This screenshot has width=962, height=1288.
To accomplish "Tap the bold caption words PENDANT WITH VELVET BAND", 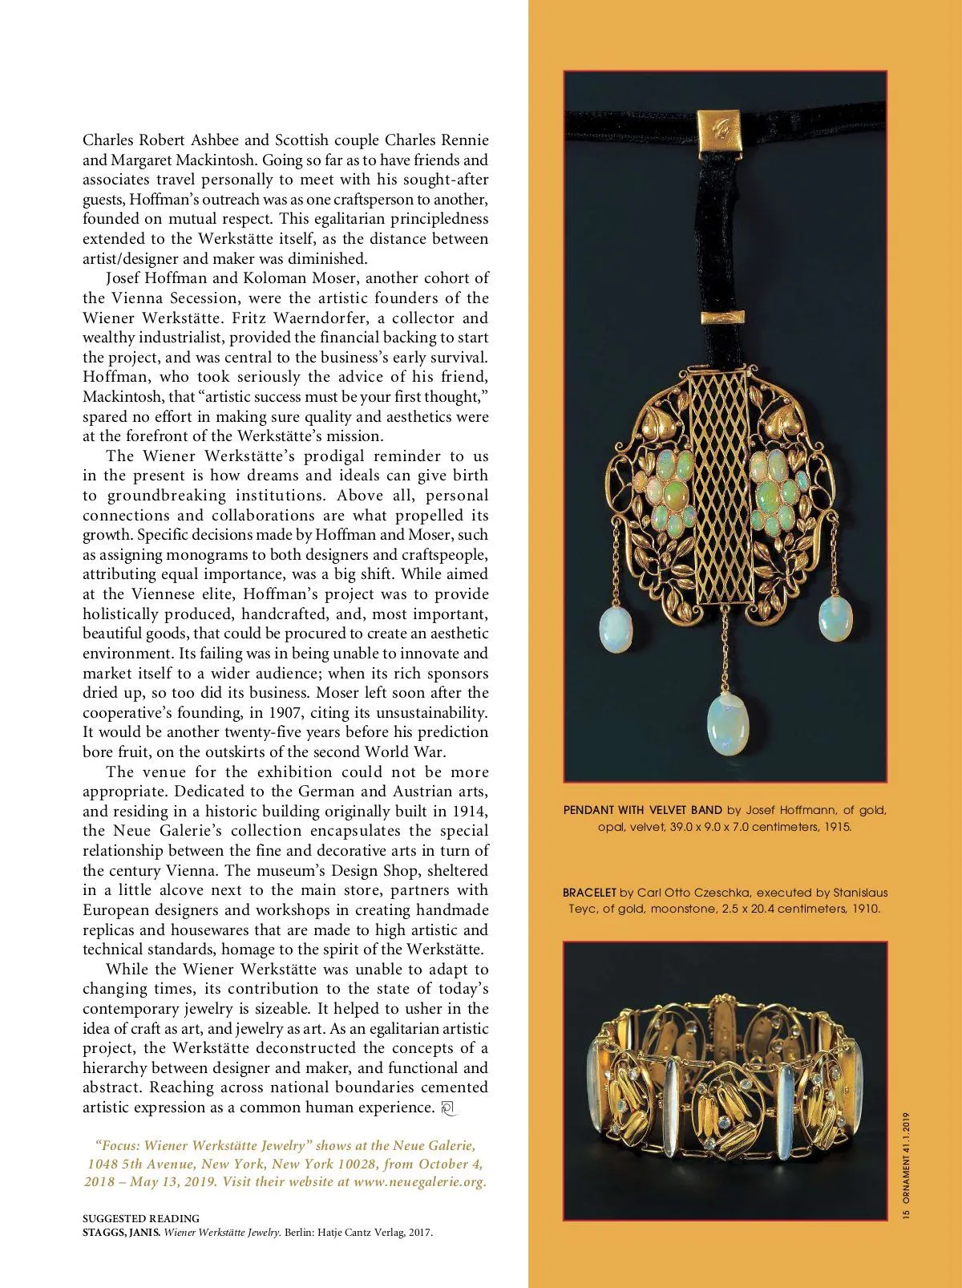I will point(642,810).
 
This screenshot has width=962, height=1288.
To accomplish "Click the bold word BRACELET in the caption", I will point(589,893).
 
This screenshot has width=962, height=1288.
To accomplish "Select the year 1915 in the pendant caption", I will point(837,826).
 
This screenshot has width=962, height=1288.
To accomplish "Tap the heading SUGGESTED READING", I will point(141,1218).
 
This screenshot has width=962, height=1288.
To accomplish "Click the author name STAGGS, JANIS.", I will point(121,1233).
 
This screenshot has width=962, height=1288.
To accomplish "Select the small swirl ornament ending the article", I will point(448,1109).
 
